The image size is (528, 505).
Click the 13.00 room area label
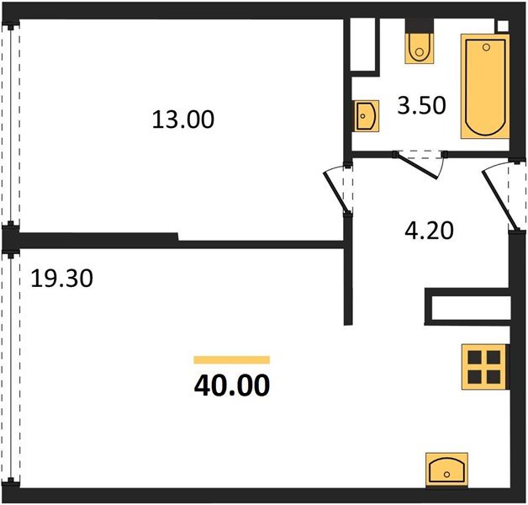pyautogui.click(x=183, y=120)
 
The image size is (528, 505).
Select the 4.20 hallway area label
pyautogui.click(x=425, y=230)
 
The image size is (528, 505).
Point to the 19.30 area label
pyautogui.click(x=61, y=277)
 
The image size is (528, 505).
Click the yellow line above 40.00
pyautogui.click(x=231, y=359)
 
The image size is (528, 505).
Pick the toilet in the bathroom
pyautogui.click(x=418, y=47)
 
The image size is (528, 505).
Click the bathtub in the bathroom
pyautogui.click(x=483, y=86)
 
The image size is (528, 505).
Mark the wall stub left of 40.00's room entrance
pyautogui.click(x=346, y=282)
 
